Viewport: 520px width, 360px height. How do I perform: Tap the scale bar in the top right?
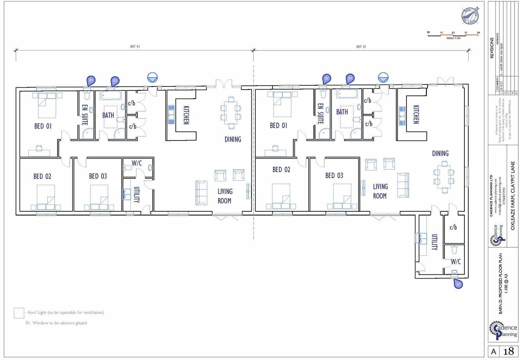pos(453,35)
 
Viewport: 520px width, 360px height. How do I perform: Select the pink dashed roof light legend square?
pos(18,313)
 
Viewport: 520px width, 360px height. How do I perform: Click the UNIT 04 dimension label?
pos(135,47)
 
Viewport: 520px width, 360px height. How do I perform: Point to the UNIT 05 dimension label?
pos(361,47)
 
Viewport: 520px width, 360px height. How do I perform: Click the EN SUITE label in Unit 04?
pos(85,114)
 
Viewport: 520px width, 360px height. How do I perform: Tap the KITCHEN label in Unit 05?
pos(416,114)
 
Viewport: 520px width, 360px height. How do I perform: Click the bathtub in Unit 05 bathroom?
pos(347,94)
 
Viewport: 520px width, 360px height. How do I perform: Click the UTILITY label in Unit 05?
pos(434,242)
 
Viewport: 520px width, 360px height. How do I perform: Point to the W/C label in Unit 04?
pos(137,163)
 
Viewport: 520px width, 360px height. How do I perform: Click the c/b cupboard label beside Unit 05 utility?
pos(453,227)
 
